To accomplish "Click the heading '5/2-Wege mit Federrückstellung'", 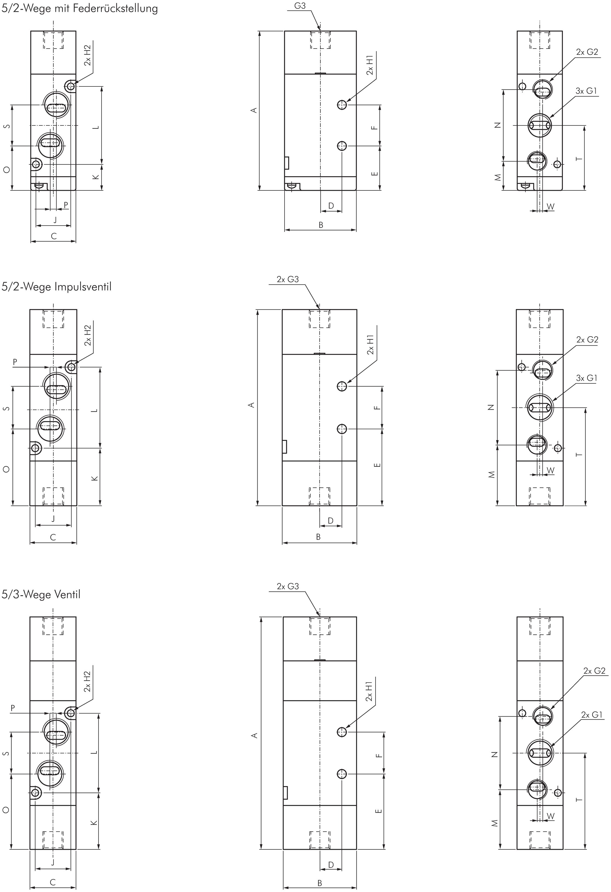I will pos(80,9).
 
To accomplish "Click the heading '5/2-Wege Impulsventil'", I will pos(57,287).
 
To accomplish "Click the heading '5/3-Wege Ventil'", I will pos(41,594).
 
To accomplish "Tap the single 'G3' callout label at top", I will pos(300,6).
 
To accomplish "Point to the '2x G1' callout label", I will pos(592,715).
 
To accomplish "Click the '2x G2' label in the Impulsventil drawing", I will pos(587,340).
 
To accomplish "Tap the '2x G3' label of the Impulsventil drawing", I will pos(288,279).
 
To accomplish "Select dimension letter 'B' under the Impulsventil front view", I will pos(318,537).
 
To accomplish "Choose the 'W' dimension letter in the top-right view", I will pos(550,207).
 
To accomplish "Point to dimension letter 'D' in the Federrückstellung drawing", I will pos(331,206).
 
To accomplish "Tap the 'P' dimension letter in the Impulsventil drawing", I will pos(15,362).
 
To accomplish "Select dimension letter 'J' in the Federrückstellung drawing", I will pos(55,220).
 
